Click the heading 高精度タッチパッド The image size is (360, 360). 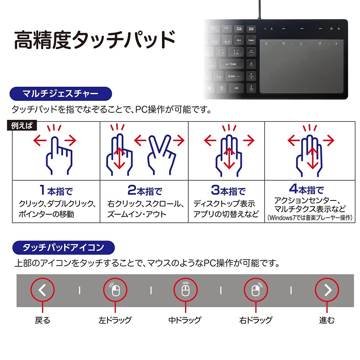pyautogui.click(x=94, y=40)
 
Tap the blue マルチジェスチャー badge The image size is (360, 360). pyautogui.click(x=60, y=95)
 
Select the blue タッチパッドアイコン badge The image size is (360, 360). pyautogui.click(x=63, y=247)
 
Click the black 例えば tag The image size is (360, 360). pyautogui.click(x=22, y=126)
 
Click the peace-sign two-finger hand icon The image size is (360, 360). pyautogui.click(x=161, y=155)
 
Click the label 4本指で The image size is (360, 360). pyautogui.click(x=306, y=189)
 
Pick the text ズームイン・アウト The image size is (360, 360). pyautogui.click(x=137, y=215)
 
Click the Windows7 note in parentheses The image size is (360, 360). pyautogui.click(x=309, y=218)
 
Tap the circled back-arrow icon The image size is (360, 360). pyautogui.click(x=42, y=290)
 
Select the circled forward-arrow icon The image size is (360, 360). pyautogui.click(x=327, y=290)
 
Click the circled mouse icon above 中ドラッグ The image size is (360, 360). pyautogui.click(x=185, y=290)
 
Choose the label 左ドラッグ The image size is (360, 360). pyautogui.click(x=115, y=320)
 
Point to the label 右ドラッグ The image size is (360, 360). pyautogui.click(x=256, y=320)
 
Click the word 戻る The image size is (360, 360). pyautogui.click(x=42, y=320)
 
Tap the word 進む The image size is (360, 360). pyautogui.click(x=327, y=320)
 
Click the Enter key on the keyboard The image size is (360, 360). pyautogui.click(x=231, y=64)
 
